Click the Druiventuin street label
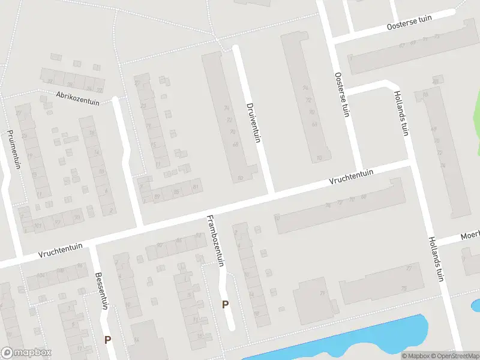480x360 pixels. pyautogui.click(x=253, y=122)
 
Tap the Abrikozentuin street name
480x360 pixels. pyautogui.click(x=77, y=98)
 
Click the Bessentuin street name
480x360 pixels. pyautogui.click(x=101, y=291)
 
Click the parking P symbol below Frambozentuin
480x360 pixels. pyautogui.click(x=225, y=304)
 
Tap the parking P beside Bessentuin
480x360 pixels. pyautogui.click(x=107, y=340)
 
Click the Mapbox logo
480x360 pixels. pyautogui.click(x=26, y=353)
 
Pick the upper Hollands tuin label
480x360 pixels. pyautogui.click(x=401, y=113)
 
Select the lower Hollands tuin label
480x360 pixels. pyautogui.click(x=436, y=258)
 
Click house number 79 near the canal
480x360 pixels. pyautogui.click(x=322, y=293)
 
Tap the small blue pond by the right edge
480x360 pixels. pyautogui.click(x=476, y=305)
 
